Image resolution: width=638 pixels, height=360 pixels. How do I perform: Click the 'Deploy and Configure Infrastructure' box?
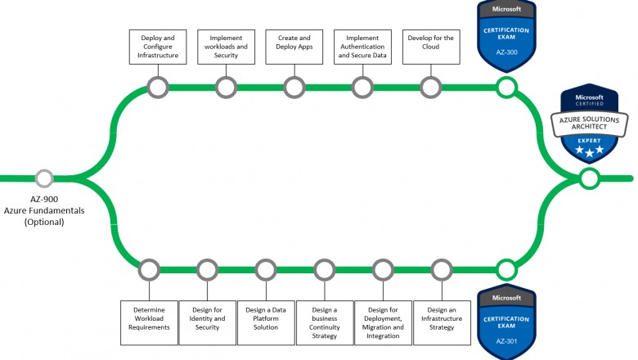tap(157, 47)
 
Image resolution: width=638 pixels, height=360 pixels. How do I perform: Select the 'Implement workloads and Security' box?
tap(226, 47)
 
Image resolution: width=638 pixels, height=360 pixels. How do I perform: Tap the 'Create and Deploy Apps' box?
tap(294, 47)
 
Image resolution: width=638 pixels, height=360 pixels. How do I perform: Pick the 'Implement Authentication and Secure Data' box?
tap(362, 47)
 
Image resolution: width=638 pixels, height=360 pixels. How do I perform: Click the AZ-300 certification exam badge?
tap(506, 36)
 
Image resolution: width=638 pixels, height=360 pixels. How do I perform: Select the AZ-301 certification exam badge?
tap(506, 318)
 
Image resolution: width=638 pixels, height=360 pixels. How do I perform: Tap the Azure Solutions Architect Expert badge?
tap(589, 124)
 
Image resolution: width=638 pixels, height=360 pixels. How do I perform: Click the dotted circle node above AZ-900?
tap(44, 178)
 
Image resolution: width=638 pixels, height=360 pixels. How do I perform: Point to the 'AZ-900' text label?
tap(44, 199)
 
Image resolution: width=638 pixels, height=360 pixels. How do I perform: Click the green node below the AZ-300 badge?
tap(506, 87)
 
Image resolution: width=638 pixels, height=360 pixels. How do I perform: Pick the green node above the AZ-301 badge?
tap(506, 268)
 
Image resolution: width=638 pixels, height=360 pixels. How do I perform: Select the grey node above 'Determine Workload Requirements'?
tap(148, 268)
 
